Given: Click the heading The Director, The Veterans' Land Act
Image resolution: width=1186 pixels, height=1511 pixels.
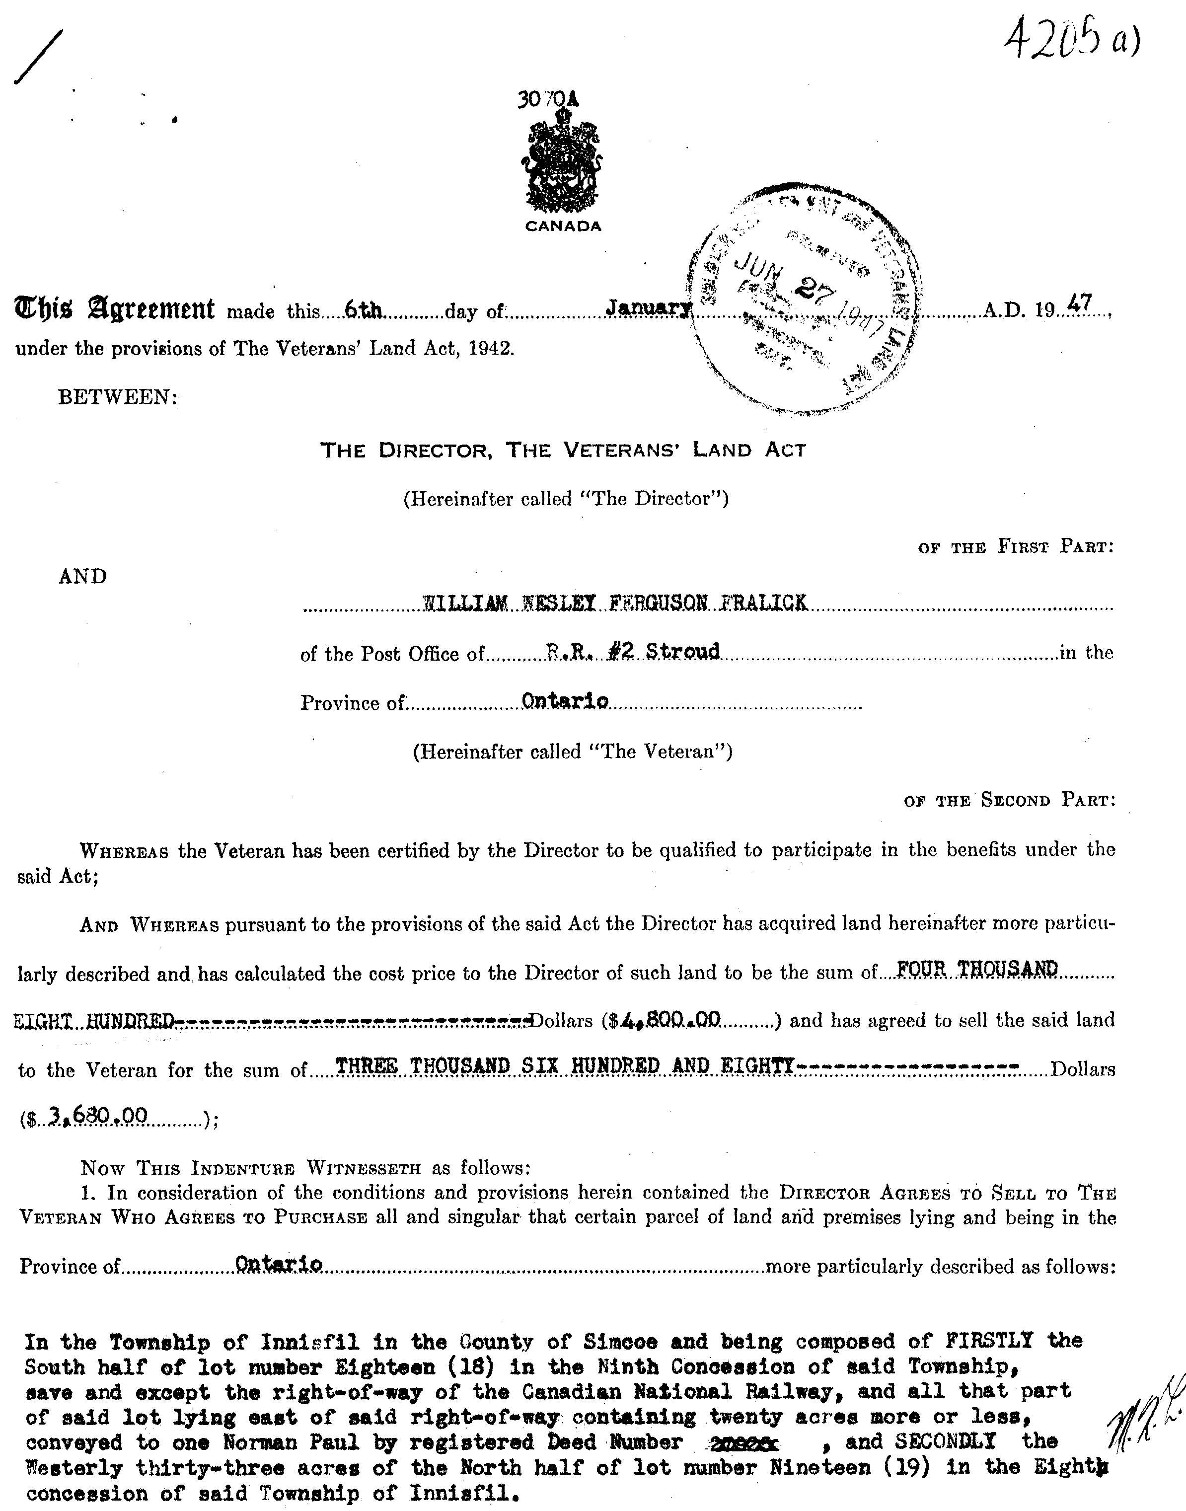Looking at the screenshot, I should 562,451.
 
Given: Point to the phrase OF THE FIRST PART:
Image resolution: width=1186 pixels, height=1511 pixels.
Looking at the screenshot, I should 1016,547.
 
